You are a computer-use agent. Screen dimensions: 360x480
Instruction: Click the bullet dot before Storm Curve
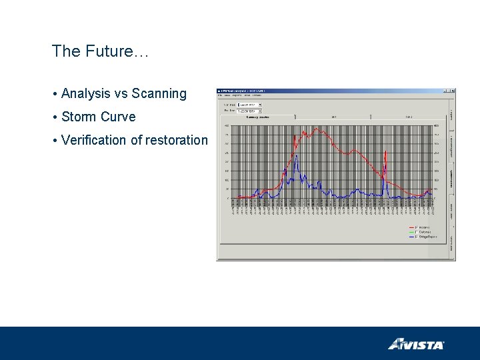point(55,117)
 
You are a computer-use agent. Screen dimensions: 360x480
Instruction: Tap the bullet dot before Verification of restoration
point(55,141)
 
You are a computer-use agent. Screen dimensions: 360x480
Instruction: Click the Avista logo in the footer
point(416,344)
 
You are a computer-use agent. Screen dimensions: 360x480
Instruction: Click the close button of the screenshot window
point(453,91)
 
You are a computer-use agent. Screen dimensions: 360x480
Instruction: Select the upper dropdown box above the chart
point(250,105)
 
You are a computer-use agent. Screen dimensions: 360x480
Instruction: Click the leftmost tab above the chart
point(257,117)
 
